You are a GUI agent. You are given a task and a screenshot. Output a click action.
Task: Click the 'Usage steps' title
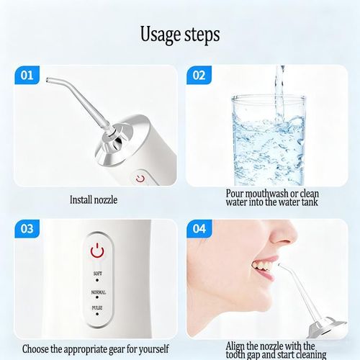179,34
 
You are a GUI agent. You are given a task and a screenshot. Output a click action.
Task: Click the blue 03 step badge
26,229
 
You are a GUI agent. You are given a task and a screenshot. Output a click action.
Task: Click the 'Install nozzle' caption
94,199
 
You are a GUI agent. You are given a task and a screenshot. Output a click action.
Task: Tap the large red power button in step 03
96,251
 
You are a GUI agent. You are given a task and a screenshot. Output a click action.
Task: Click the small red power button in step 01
140,177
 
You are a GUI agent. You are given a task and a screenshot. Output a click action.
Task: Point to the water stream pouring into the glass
279,86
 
